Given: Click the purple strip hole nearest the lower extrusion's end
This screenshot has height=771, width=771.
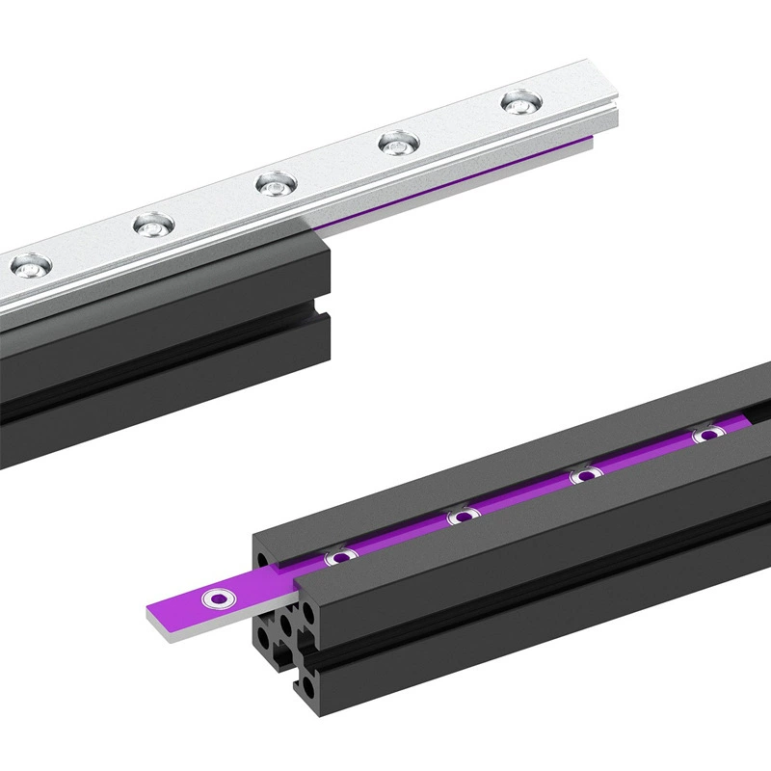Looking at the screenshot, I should pos(338,556).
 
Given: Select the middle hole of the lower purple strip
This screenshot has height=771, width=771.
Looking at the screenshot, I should pos(464,517).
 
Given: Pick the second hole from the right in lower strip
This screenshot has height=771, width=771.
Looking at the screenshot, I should pos(585,475).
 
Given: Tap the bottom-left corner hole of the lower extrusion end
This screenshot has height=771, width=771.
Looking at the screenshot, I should pos(262,638).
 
